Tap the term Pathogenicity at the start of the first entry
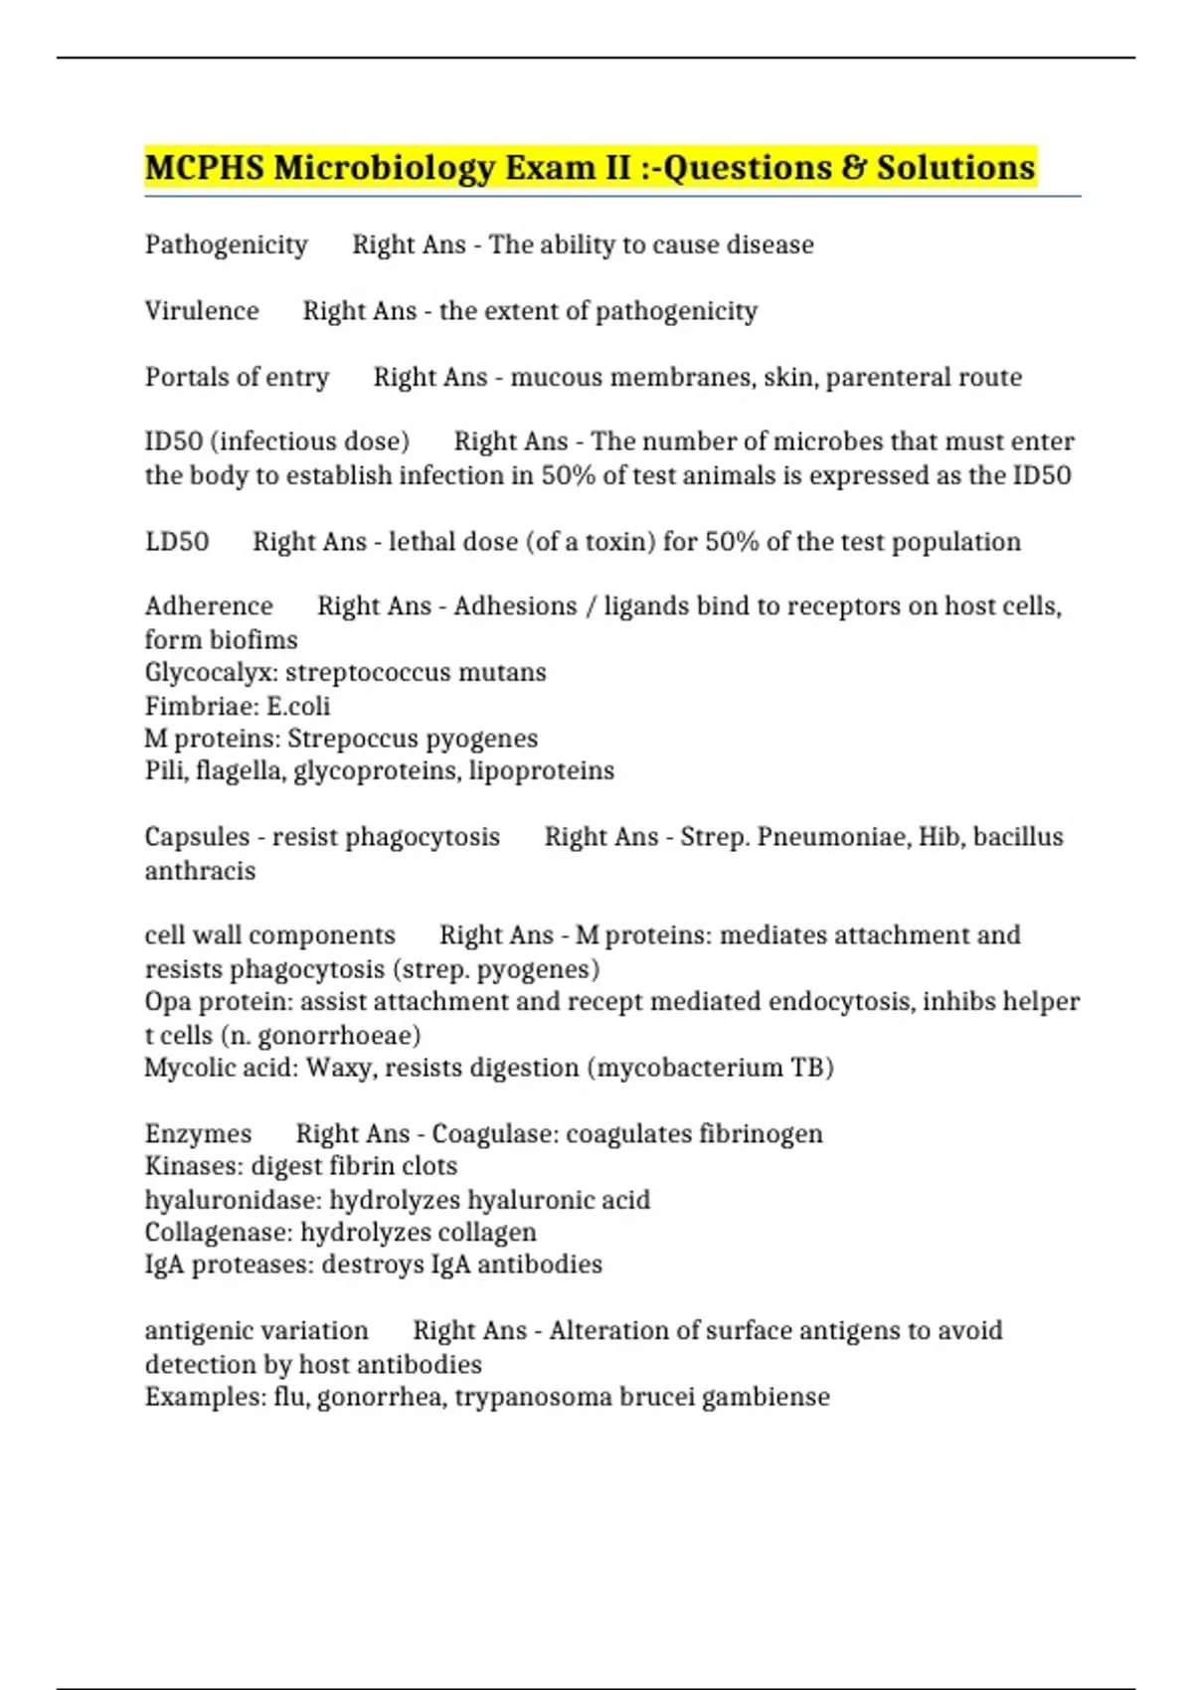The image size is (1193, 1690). [226, 245]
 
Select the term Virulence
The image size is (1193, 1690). [202, 311]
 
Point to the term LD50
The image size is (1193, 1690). [177, 542]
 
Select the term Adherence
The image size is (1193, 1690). [209, 606]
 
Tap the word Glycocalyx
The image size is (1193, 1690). [209, 673]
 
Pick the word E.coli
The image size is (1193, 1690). [298, 706]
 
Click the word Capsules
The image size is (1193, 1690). [197, 837]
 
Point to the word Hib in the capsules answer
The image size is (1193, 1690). [938, 837]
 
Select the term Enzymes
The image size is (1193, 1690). [198, 1134]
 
